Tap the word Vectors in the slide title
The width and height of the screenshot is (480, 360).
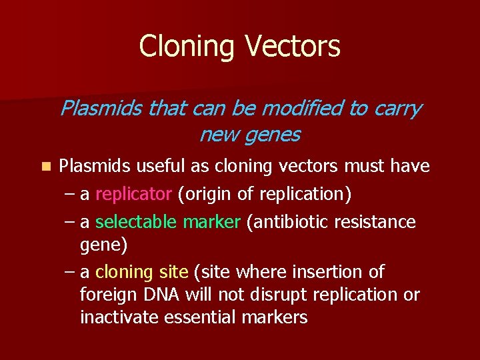click(293, 47)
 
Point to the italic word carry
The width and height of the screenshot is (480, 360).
click(398, 108)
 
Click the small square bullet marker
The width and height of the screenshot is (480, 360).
click(45, 166)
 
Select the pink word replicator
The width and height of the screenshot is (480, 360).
click(133, 194)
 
